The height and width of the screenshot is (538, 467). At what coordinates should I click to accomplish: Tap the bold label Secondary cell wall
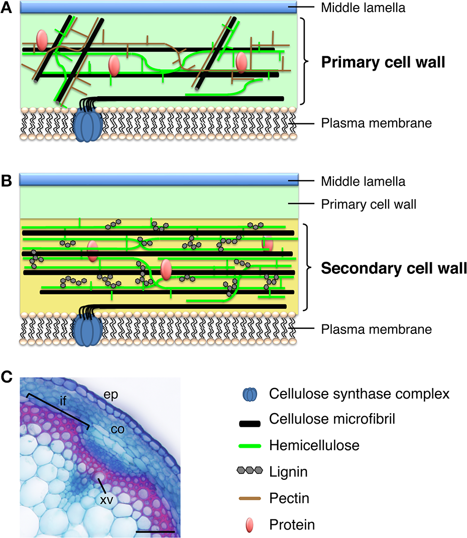tap(394, 268)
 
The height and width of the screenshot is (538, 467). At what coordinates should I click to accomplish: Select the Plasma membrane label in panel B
tap(376, 329)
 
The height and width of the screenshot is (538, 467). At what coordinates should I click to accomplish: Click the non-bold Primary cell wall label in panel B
tap(369, 204)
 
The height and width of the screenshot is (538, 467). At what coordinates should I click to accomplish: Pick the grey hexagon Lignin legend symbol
tap(250, 471)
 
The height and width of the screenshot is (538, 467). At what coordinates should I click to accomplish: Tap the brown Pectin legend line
tap(250, 498)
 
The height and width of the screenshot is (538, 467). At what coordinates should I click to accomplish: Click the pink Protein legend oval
tap(250, 524)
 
